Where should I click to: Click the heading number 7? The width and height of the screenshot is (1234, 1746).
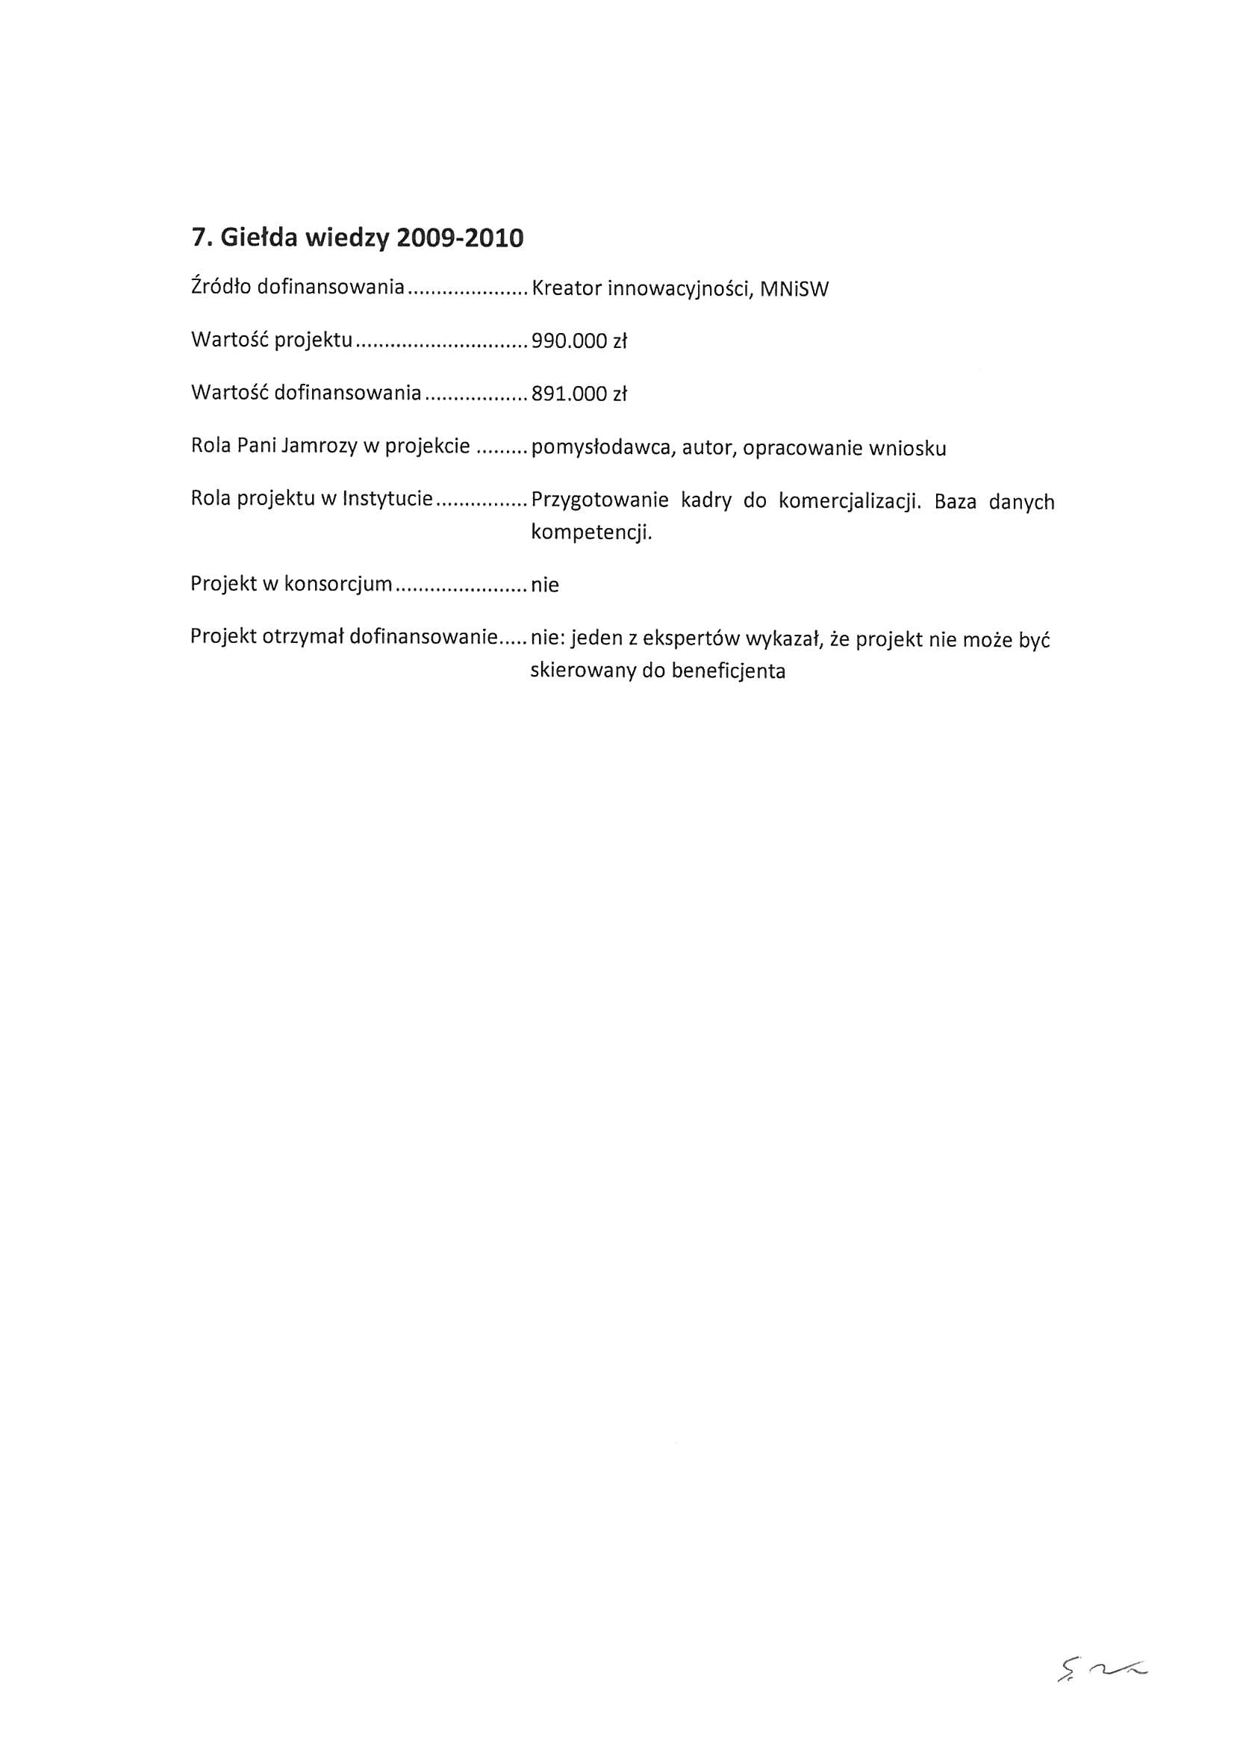click(x=199, y=239)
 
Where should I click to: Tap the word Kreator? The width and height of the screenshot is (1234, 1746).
click(x=566, y=289)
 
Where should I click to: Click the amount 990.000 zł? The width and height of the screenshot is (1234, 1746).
click(x=579, y=341)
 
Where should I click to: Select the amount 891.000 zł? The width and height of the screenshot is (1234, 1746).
click(x=579, y=394)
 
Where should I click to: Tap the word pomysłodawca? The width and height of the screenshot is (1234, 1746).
click(x=601, y=449)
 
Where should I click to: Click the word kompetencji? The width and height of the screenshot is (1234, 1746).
click(x=591, y=532)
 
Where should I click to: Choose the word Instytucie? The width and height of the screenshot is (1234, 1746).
click(x=387, y=500)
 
